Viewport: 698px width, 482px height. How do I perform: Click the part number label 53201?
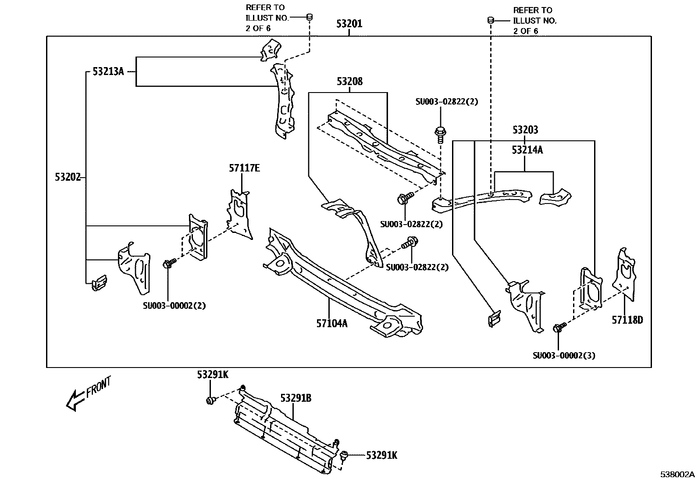point(349,24)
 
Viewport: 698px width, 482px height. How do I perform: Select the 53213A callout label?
point(108,71)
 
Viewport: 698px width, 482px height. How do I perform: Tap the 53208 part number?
point(349,82)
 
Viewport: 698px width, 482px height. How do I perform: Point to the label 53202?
point(68,177)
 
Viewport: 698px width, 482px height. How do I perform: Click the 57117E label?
point(244,168)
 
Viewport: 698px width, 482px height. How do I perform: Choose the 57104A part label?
point(332,324)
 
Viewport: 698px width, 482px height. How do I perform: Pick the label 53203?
point(525,130)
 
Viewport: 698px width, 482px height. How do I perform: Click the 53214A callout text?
point(527,150)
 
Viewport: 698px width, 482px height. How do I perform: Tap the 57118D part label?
point(627,320)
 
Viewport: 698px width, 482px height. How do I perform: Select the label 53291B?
point(296,398)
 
